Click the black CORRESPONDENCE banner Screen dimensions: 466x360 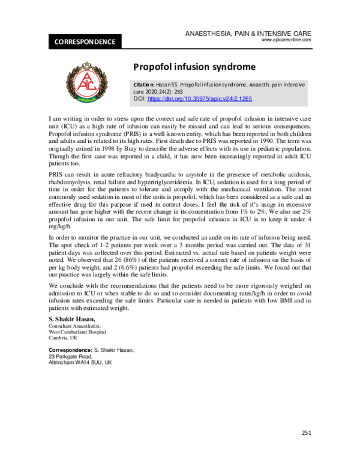(85, 42)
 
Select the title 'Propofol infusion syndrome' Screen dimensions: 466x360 (194, 67)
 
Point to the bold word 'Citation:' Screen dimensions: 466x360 (145, 85)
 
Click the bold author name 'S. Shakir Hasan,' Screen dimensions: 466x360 (71, 318)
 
